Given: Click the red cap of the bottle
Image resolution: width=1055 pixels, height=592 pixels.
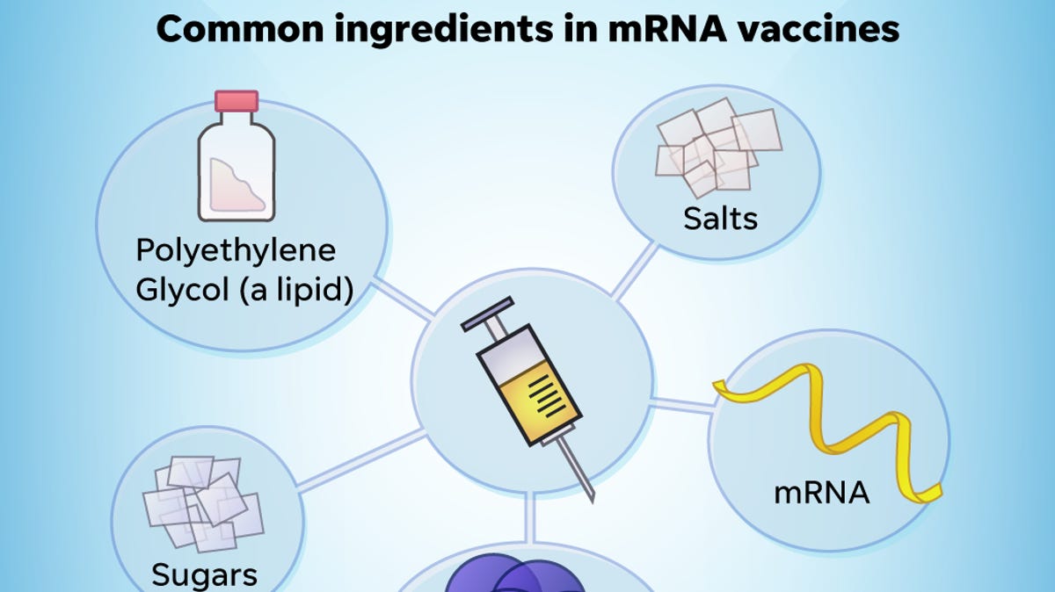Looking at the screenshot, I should pos(236,101).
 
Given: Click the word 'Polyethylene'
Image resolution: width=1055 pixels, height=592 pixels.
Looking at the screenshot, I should pos(236,250).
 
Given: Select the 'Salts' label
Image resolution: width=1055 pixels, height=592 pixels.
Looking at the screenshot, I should pos(720,218).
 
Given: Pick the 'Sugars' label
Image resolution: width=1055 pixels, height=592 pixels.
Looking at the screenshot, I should pos(204,574).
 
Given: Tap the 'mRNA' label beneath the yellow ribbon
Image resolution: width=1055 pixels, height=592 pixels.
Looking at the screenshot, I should pos(821,493).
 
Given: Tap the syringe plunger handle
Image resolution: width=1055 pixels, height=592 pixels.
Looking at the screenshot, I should pos(486,315).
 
